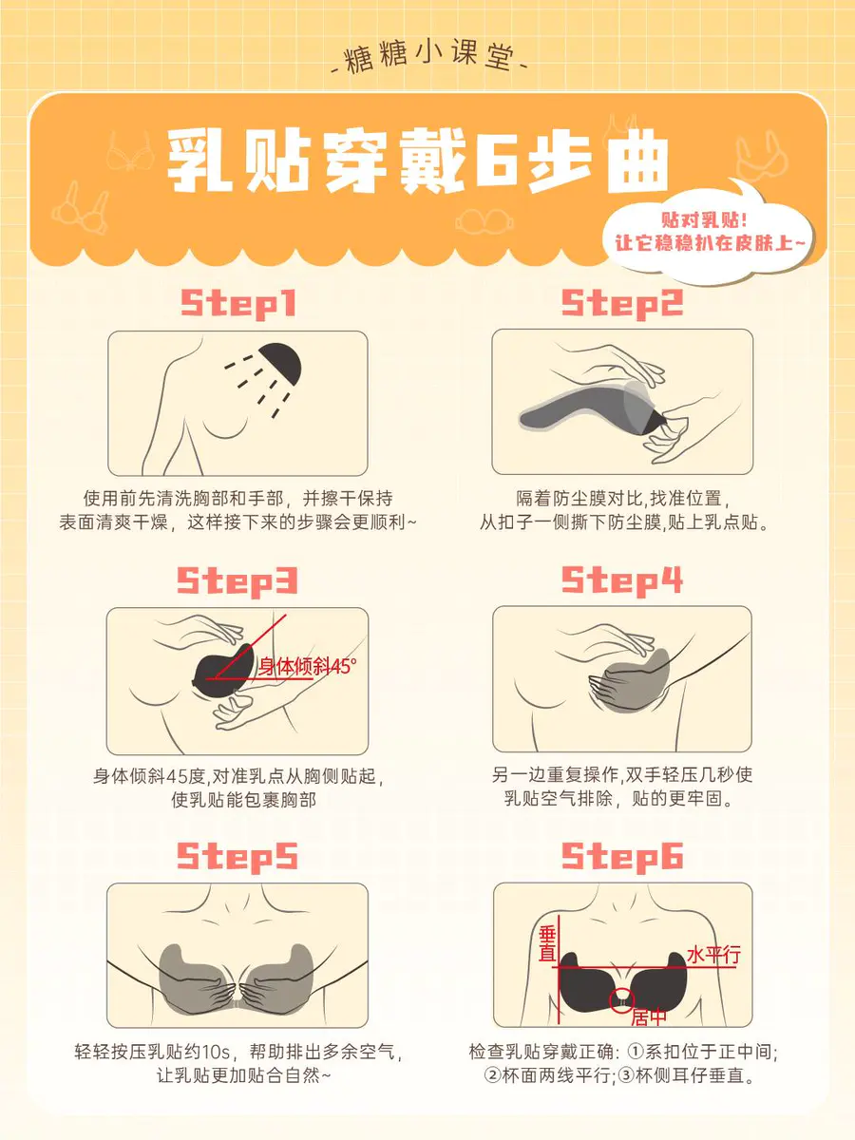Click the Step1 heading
point(238,303)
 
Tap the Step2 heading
point(622,303)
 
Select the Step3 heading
point(237,581)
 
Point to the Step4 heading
point(622,580)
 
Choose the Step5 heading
point(237,857)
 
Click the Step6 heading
point(622,857)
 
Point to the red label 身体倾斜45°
point(308,666)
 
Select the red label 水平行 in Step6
point(713,955)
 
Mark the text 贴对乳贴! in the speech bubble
point(704,220)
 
